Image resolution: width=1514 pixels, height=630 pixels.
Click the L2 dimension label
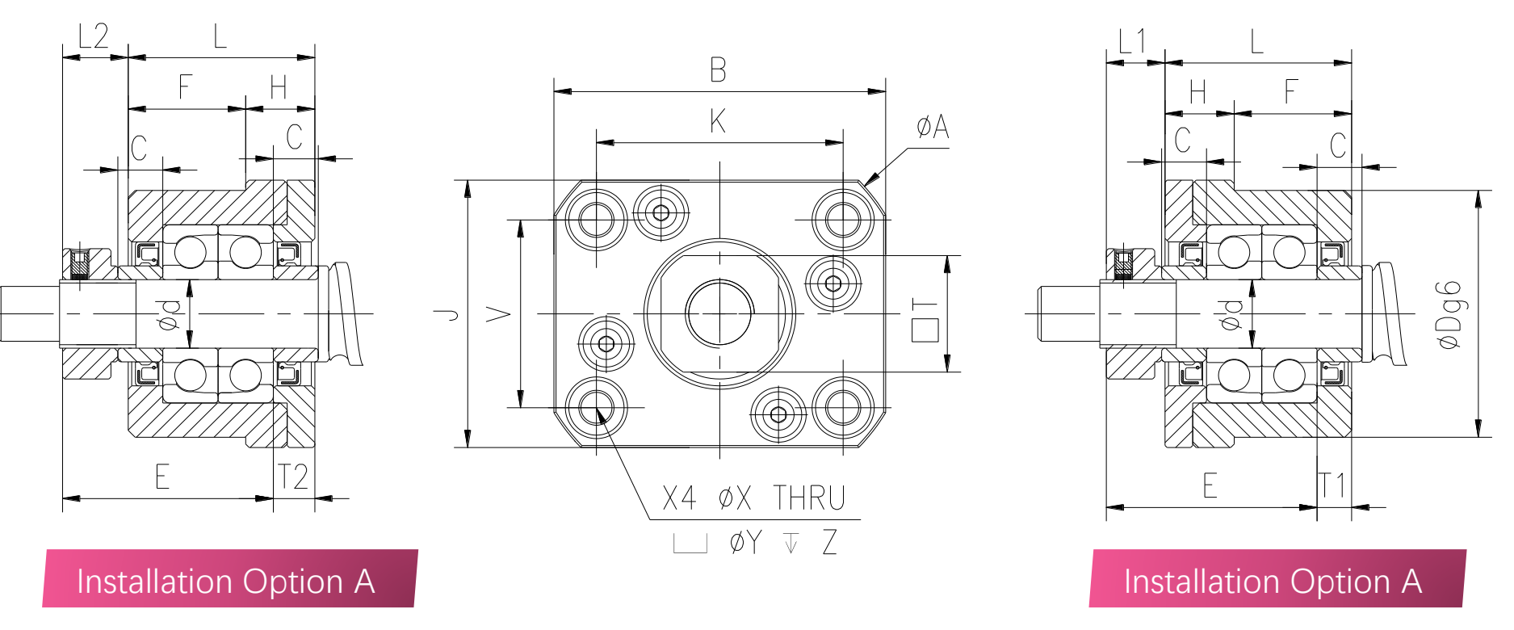(x=94, y=36)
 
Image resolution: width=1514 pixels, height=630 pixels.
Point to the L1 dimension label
(x=1132, y=41)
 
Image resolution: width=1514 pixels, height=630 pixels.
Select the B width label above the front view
(x=718, y=70)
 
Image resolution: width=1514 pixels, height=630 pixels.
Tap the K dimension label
(x=718, y=121)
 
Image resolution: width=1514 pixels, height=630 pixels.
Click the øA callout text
(x=933, y=127)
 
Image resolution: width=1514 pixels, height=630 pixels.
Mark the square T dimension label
(x=925, y=320)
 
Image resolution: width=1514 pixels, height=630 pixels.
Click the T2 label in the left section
(x=292, y=477)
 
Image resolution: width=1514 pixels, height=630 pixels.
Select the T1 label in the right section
(x=1333, y=485)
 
